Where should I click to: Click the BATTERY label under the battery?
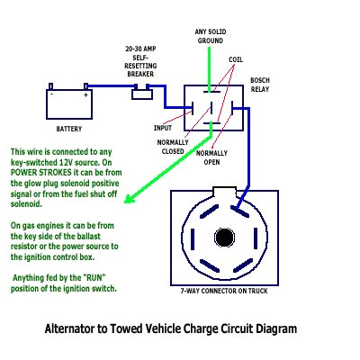click(x=68, y=129)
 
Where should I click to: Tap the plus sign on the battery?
click(x=85, y=94)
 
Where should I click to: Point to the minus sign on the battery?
click(x=52, y=94)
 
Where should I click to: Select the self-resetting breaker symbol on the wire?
click(x=141, y=92)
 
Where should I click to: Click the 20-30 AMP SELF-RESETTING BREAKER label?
click(x=141, y=61)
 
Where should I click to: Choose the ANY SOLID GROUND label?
click(x=210, y=37)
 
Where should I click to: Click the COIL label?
click(x=236, y=59)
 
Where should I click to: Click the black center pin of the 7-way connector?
click(x=221, y=238)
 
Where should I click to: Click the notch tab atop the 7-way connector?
click(x=221, y=191)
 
